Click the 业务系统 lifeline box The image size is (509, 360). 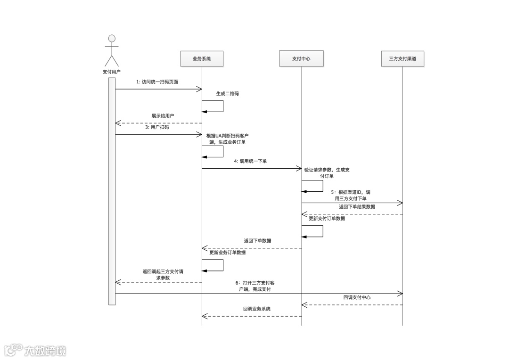click(x=202, y=59)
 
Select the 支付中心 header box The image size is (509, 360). click(x=301, y=59)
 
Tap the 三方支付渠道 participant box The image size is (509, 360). click(x=402, y=59)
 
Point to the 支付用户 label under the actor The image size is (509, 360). click(x=111, y=72)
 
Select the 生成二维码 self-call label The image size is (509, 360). click(x=227, y=93)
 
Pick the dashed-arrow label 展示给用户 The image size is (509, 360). click(x=163, y=115)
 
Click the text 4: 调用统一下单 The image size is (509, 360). click(x=250, y=161)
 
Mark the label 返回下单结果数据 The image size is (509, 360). click(x=357, y=206)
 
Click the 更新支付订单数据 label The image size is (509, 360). click(x=327, y=219)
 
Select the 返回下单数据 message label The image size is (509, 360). click(x=257, y=240)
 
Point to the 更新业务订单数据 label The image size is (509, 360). click(x=227, y=253)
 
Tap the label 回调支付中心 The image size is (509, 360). click(x=357, y=297)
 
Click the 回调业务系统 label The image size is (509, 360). click(x=257, y=309)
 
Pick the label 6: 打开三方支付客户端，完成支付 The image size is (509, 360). click(x=254, y=286)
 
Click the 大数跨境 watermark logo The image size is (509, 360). click(x=35, y=350)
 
